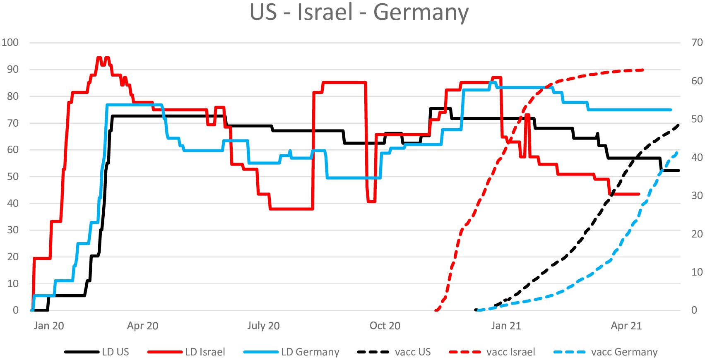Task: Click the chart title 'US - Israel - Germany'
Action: (359, 12)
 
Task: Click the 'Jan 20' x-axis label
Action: (49, 326)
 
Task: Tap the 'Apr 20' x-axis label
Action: (143, 326)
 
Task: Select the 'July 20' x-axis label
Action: (263, 326)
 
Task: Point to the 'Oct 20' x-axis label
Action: (385, 326)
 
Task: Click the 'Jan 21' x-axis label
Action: (506, 326)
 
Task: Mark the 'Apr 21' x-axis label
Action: (626, 326)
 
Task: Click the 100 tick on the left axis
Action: (10, 43)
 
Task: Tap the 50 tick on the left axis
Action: (13, 177)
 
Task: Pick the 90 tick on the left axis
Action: (13, 70)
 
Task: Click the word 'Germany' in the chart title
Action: (421, 12)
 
